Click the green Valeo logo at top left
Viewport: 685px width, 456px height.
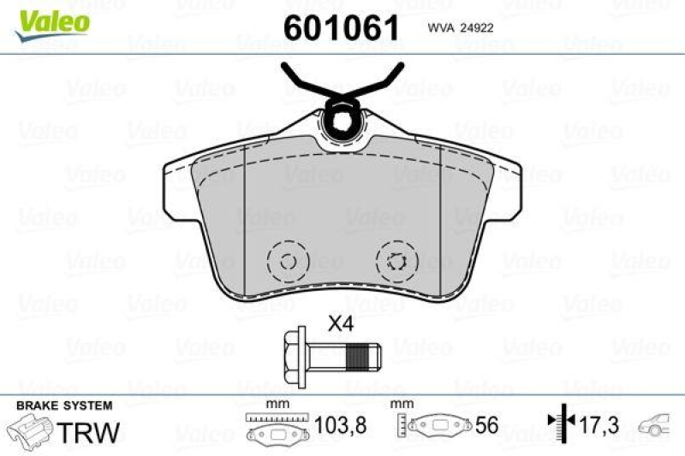50,18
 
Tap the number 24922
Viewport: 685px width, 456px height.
477,28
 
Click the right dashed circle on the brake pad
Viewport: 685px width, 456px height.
395,262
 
